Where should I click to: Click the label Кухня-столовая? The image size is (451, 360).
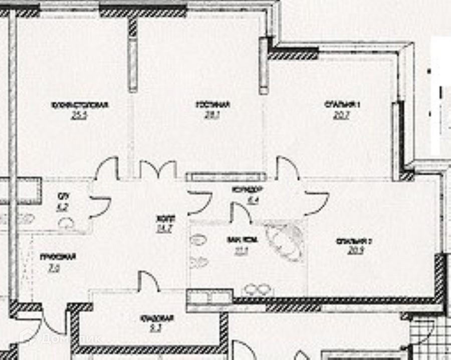pyautogui.click(x=80, y=105)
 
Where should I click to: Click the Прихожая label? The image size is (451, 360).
pyautogui.click(x=58, y=257)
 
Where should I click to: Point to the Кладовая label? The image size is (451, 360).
pyautogui.click(x=156, y=318)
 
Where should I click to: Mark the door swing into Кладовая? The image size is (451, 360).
pyautogui.click(x=149, y=280)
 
